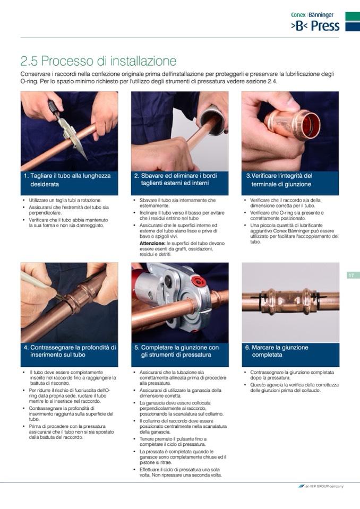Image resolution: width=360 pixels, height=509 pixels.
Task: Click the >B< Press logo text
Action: pos(315,26)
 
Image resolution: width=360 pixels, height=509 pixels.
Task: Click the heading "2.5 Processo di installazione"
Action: pos(98,61)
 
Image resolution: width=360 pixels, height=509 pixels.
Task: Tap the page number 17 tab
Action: pos(351,275)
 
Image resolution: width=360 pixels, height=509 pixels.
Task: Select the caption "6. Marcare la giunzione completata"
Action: pos(277,351)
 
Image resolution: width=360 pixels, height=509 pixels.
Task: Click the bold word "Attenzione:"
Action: pos(152,243)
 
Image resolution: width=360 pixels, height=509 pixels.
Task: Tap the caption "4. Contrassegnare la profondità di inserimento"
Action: pos(70,351)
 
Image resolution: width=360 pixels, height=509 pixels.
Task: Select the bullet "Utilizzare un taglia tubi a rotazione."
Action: pos(65,200)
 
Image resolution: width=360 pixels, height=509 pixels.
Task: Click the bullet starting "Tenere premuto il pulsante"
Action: pos(173,442)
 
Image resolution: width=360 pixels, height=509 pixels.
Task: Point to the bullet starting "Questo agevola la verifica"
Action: pos(294,387)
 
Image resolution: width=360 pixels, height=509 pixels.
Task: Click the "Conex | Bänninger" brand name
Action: pos(312,15)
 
